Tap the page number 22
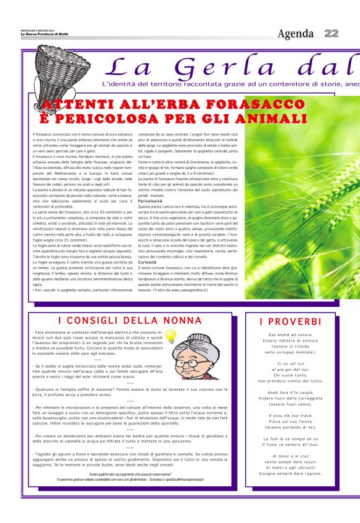[x=331, y=33]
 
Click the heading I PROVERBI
[x=290, y=322]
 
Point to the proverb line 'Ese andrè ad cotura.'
[x=290, y=335]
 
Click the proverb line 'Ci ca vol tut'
[x=290, y=363]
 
